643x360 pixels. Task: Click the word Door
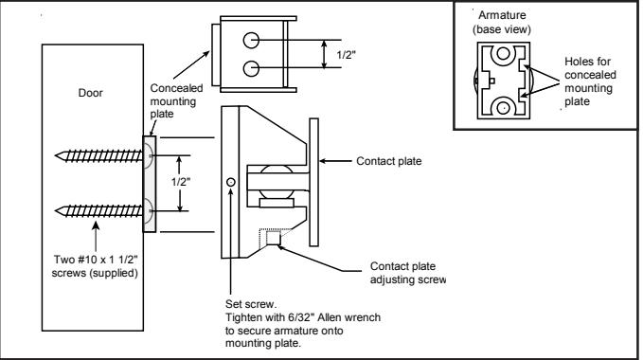[x=90, y=93]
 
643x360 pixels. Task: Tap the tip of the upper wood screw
[x=55, y=155]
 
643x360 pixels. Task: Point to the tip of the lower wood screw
[x=55, y=211]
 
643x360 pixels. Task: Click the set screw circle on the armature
[x=231, y=182]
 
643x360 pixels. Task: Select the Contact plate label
[x=389, y=161]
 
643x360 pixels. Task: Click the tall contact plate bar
[x=313, y=182]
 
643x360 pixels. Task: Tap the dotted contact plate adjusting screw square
[x=273, y=238]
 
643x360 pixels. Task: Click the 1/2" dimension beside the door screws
[x=181, y=182]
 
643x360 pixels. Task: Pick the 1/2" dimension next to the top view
[x=346, y=55]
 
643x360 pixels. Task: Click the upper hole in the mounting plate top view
[x=251, y=40]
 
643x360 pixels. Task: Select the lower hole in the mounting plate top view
[x=251, y=68]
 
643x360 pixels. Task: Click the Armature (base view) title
[x=502, y=22]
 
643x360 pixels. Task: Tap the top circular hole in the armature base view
[x=503, y=53]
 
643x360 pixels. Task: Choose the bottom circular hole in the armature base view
[x=503, y=108]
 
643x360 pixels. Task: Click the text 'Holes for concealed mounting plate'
[x=590, y=81]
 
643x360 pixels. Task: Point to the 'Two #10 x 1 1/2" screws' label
[x=95, y=266]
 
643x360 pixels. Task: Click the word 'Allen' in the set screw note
[x=331, y=317]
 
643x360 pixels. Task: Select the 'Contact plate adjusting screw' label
[x=407, y=273]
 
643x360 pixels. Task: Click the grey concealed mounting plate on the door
[x=150, y=184]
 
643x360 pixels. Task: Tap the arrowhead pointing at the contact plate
[x=323, y=161]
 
